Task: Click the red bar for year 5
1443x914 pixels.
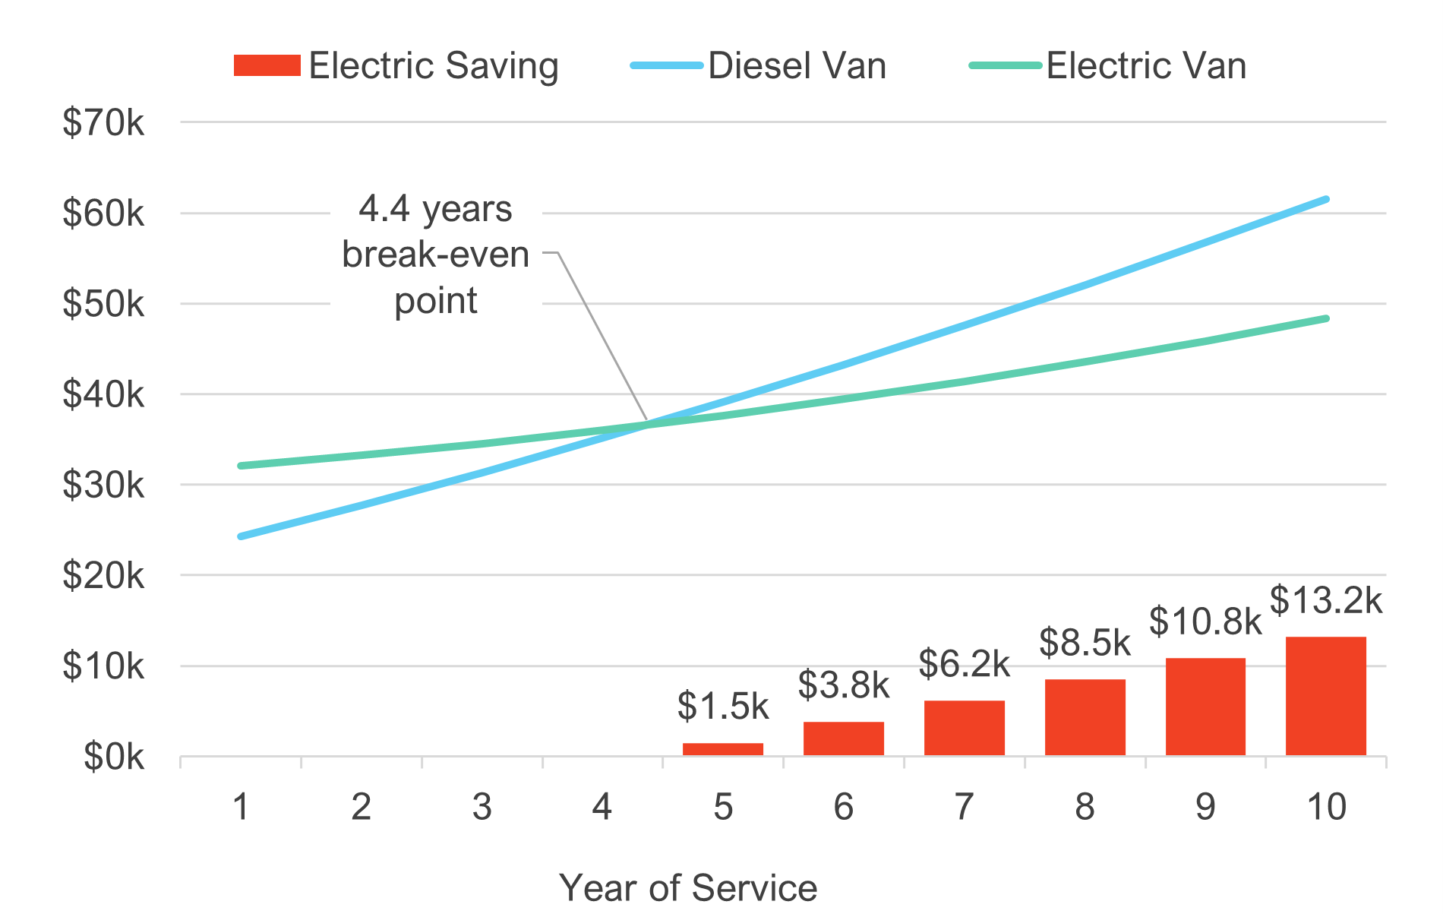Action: coord(723,749)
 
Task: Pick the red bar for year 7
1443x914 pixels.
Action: coord(965,728)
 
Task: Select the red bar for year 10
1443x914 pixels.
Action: coord(1326,696)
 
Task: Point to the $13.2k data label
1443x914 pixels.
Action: coord(1326,600)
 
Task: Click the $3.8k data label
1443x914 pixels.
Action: coord(843,685)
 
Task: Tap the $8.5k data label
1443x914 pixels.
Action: coord(1085,643)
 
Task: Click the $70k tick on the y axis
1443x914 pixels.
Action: coord(103,122)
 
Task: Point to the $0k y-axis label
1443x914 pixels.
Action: coord(114,757)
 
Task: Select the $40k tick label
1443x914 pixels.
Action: coord(103,394)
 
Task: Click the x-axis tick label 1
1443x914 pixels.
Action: coord(241,807)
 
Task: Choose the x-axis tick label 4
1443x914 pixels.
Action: coord(602,807)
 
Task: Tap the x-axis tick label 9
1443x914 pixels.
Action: coord(1205,807)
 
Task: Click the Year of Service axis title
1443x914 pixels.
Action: coord(688,887)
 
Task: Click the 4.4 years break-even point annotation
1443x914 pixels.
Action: coord(436,255)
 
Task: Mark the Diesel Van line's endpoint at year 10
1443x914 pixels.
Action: coord(1326,199)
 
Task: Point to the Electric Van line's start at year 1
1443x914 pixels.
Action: coord(241,466)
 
